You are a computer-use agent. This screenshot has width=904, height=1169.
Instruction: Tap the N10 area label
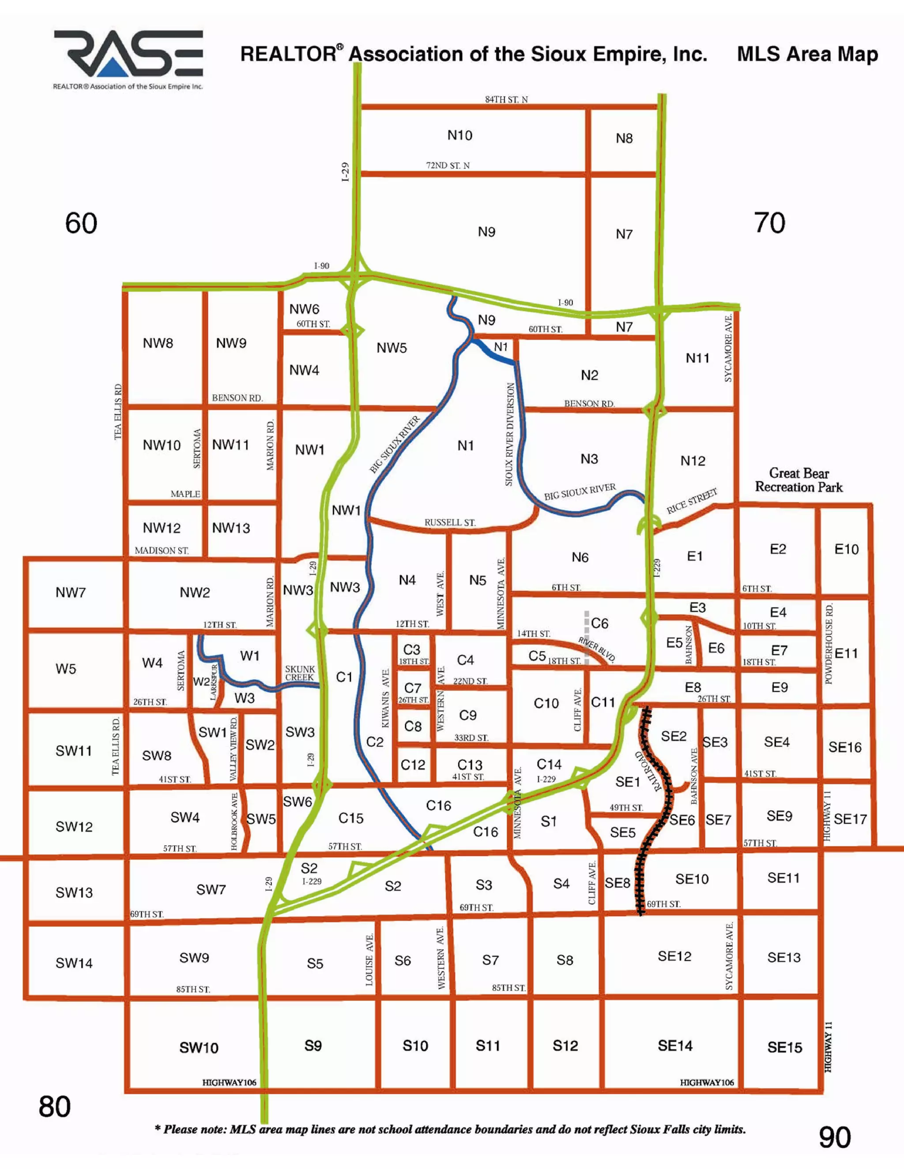pyautogui.click(x=460, y=135)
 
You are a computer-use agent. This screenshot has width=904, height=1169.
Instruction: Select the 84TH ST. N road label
pyautogui.click(x=506, y=100)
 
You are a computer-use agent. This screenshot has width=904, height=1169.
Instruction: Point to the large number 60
pyautogui.click(x=81, y=223)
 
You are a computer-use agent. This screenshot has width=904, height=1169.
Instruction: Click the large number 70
pyautogui.click(x=769, y=223)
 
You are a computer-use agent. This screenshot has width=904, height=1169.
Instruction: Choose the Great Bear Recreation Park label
pyautogui.click(x=799, y=480)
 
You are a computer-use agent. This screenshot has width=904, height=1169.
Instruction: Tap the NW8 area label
pyautogui.click(x=158, y=343)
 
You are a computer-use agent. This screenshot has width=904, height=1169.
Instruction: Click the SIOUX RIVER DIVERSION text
pyautogui.click(x=510, y=434)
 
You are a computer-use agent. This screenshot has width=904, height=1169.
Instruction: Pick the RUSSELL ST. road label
pyautogui.click(x=450, y=522)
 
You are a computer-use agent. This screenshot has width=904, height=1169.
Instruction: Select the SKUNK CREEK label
pyautogui.click(x=300, y=673)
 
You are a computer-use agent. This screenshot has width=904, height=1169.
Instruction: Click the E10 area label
pyautogui.click(x=846, y=549)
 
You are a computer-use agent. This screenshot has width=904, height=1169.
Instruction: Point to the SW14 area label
pyautogui.click(x=74, y=963)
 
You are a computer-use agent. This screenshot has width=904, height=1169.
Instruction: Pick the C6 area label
pyautogui.click(x=600, y=624)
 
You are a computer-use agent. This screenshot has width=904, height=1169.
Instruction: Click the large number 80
pyautogui.click(x=55, y=1107)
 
